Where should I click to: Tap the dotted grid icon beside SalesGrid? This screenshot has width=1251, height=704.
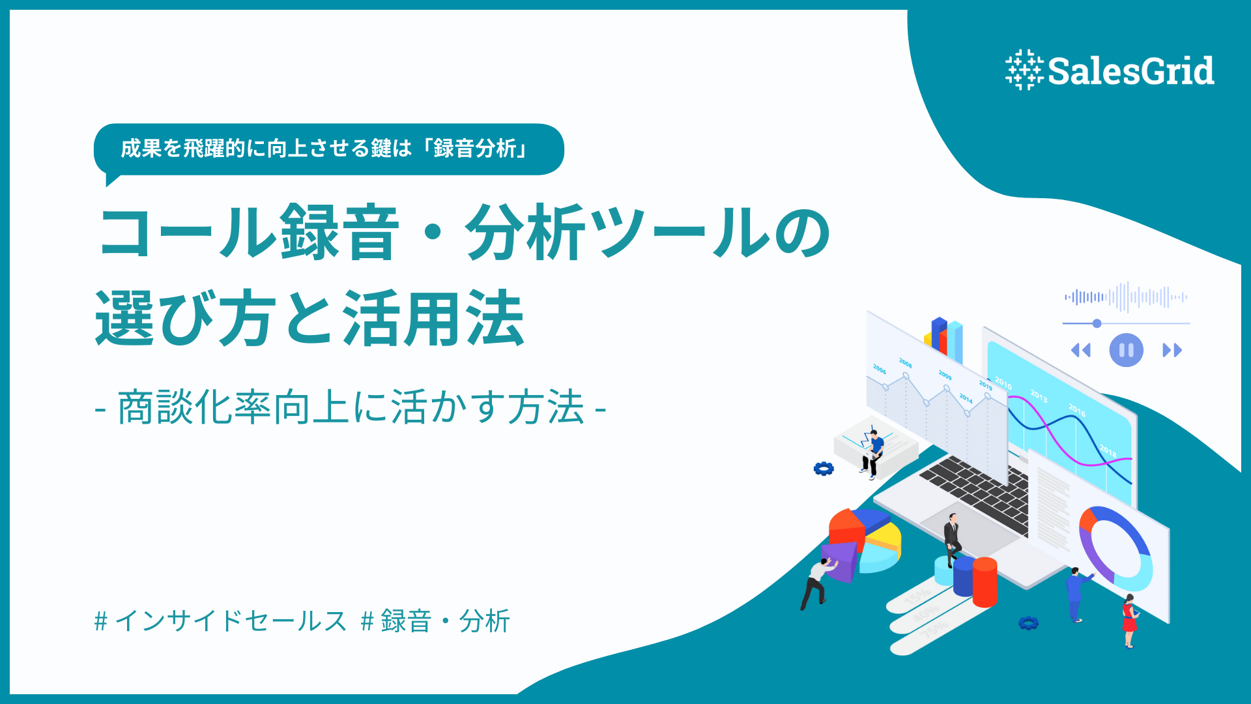tap(1024, 70)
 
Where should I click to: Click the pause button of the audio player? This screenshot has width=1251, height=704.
tap(1126, 350)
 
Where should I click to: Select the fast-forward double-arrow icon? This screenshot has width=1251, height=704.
tap(1172, 351)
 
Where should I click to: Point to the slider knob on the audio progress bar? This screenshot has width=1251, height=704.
tap(1097, 323)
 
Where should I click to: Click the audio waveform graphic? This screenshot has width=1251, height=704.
tap(1125, 297)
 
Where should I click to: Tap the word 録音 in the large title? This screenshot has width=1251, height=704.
tap(339, 233)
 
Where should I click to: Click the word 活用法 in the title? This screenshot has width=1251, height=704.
tap(433, 319)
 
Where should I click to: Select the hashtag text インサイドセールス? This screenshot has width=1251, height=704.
tap(231, 621)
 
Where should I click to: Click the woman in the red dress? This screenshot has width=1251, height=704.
tap(1129, 619)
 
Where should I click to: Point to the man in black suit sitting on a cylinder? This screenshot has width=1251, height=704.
tap(952, 538)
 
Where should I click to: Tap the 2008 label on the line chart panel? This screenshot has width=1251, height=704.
tap(905, 363)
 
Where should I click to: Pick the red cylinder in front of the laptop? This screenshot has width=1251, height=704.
tap(984, 581)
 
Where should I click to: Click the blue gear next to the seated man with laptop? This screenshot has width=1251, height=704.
tap(824, 468)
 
